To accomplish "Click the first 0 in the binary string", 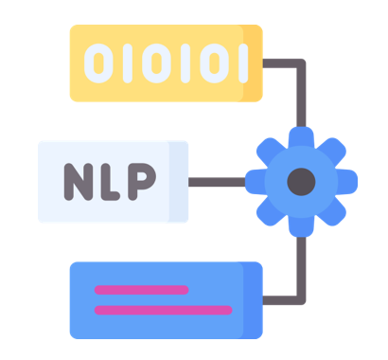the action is (98, 63).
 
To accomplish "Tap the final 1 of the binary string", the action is (243, 63).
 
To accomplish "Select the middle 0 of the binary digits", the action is (156, 63).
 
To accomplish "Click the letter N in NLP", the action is (79, 182).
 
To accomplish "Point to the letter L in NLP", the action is (110, 182).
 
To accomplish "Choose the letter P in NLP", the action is (141, 182).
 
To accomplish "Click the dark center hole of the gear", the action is (301, 182).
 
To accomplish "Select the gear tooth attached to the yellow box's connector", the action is (301, 136).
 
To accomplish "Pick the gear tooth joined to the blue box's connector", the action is (301, 227).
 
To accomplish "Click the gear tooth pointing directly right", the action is (347, 182).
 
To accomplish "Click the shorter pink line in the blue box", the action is (142, 290).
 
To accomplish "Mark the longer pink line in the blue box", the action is (164, 310).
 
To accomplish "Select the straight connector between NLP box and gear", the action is (217, 182).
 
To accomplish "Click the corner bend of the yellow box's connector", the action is (301, 63).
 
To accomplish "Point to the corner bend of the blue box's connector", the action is (301, 300).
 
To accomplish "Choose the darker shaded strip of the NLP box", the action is (179, 182).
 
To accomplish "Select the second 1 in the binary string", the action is (185, 63).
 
